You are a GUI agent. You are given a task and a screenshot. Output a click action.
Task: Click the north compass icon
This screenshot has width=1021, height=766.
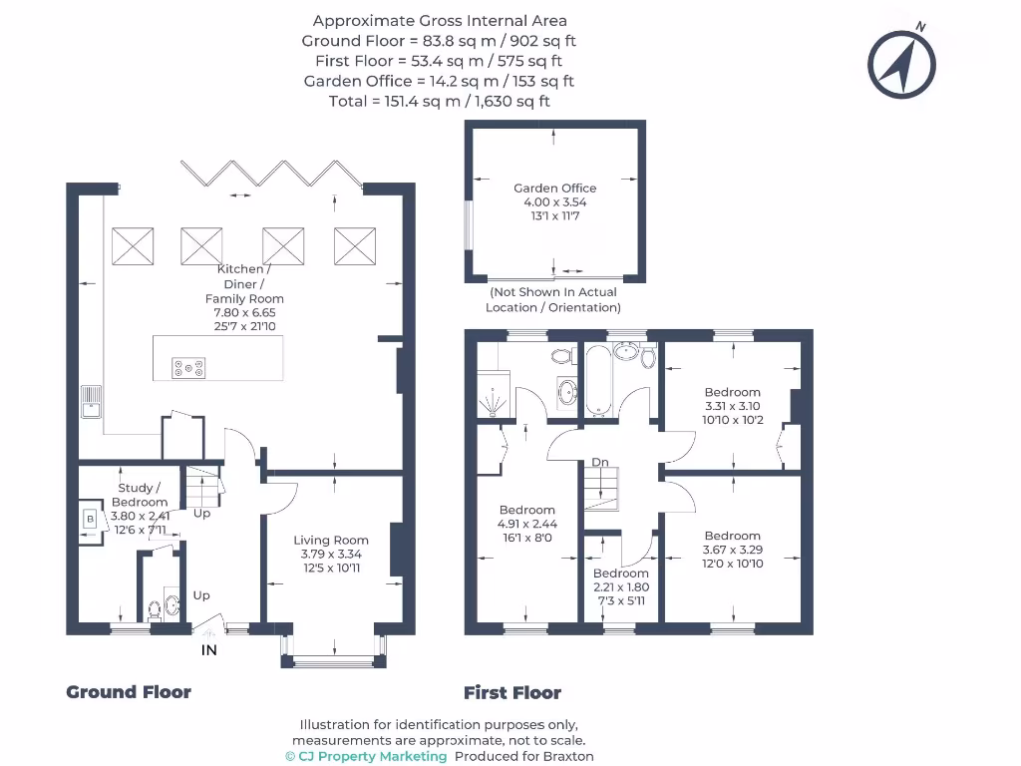(901, 64)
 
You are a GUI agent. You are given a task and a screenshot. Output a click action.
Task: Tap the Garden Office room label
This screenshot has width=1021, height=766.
(554, 188)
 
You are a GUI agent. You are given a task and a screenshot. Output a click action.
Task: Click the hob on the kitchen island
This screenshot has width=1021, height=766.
(188, 368)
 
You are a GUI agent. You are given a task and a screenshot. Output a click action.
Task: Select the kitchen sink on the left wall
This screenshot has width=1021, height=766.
(92, 400)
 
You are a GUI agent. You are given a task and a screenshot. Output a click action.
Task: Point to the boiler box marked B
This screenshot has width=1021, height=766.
(91, 520)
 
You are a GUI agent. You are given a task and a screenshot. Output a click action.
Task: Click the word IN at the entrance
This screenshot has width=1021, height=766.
(209, 650)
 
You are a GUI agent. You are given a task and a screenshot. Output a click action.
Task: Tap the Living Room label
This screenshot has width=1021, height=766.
(331, 541)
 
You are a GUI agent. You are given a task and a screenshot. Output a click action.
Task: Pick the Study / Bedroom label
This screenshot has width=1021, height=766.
(139, 495)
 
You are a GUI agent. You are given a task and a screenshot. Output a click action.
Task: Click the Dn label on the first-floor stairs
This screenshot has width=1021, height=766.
(600, 463)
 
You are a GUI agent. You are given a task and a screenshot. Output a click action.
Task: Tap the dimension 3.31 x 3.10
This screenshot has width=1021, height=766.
(732, 407)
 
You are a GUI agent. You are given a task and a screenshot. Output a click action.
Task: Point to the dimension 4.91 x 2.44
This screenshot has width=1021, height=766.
(526, 525)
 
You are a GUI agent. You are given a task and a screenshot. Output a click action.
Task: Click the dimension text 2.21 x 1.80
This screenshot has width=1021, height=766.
(620, 587)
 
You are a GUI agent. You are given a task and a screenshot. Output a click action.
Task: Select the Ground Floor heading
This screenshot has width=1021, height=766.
(129, 692)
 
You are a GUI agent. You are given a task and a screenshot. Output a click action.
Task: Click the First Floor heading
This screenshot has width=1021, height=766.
(512, 692)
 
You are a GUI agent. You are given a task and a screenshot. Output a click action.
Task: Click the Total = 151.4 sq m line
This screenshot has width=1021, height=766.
(439, 101)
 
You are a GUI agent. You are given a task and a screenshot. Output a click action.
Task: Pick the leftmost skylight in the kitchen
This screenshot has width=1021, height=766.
(133, 245)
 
